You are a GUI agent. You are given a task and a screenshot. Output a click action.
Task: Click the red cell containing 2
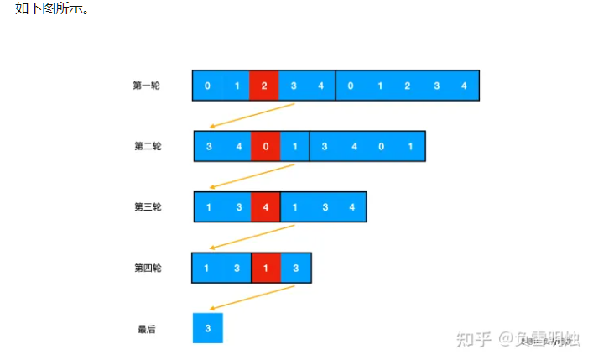(x=263, y=86)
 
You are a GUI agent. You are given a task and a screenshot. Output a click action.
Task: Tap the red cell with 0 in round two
(x=266, y=146)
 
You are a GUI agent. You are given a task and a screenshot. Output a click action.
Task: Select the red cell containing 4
(x=266, y=207)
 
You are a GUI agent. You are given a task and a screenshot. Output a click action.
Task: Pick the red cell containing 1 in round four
(x=266, y=268)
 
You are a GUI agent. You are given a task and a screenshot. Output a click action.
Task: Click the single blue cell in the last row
(x=207, y=328)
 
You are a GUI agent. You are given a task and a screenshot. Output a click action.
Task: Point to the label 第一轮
(x=146, y=86)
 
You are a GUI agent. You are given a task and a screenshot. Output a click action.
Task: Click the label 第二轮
(x=148, y=146)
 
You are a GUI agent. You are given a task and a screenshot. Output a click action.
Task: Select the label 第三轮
(x=148, y=207)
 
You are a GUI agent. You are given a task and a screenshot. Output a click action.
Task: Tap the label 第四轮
(x=148, y=269)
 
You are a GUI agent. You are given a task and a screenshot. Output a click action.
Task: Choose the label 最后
(x=147, y=329)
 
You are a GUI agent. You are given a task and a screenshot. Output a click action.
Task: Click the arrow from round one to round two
(x=252, y=116)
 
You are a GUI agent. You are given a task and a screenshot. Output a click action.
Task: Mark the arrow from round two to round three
(x=252, y=176)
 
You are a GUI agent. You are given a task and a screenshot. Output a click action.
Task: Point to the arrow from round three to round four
(x=252, y=237)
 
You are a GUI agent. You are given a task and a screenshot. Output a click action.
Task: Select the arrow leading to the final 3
(x=252, y=298)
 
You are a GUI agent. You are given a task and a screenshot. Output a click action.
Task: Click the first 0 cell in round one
(x=207, y=86)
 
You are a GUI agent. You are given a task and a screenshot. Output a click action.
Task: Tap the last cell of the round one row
(x=464, y=86)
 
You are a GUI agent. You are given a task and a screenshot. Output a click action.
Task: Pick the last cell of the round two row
(x=410, y=146)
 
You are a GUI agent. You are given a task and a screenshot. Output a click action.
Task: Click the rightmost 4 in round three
(x=352, y=207)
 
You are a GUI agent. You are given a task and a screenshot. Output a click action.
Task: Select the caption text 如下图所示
(x=52, y=9)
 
